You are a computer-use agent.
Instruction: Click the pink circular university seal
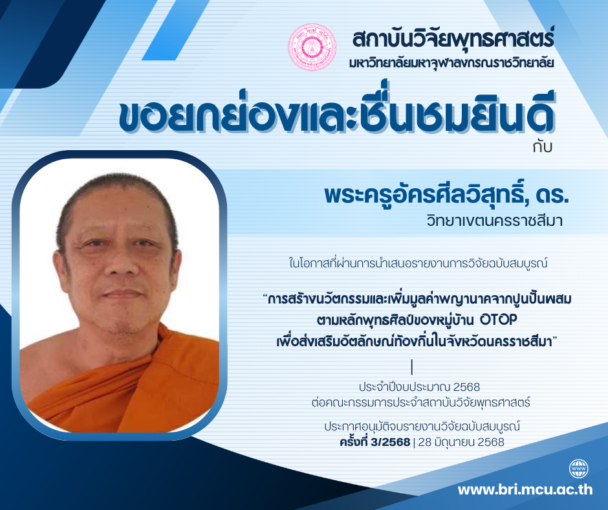312,47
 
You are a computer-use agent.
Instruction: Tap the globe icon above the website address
578,469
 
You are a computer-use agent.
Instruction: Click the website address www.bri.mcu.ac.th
525,489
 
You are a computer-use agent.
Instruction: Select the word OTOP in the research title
498,320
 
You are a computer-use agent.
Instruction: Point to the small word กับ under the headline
542,147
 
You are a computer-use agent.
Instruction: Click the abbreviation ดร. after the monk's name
552,195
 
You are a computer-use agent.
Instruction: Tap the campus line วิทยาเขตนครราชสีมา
494,221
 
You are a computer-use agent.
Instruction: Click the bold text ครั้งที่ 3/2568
375,441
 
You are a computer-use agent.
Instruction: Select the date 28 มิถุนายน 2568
461,442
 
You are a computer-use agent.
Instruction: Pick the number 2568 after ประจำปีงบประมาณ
466,387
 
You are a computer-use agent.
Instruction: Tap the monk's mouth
122,293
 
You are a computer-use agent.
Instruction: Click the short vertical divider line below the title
412,367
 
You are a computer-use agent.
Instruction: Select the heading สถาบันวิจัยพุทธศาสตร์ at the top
453,38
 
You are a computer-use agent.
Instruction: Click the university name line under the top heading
451,63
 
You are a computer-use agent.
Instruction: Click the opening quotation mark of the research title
265,296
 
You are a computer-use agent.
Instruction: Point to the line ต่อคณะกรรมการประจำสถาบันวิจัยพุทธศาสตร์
420,403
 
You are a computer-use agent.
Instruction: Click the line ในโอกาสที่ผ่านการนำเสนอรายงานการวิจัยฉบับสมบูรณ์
418,263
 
